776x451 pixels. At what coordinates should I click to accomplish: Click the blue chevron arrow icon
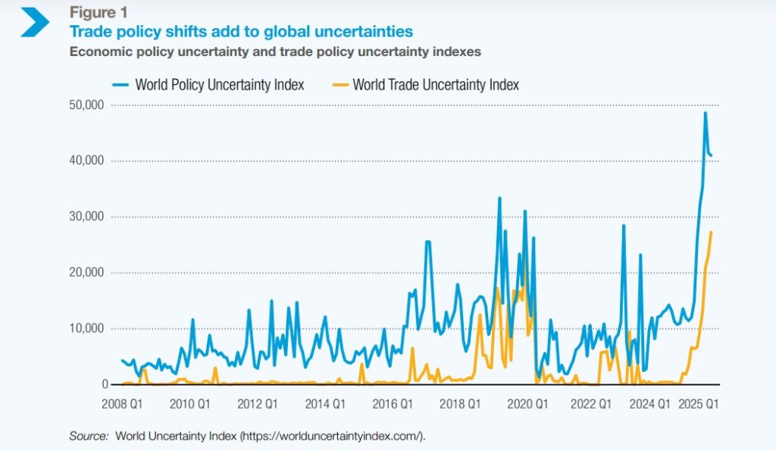click(x=34, y=23)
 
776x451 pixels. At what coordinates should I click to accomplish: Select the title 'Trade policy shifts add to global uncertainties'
click(x=241, y=32)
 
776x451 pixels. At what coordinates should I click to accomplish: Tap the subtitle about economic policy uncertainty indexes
click(x=275, y=52)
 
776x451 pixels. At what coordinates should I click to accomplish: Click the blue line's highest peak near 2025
click(x=706, y=113)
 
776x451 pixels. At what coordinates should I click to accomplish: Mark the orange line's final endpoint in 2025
click(x=711, y=232)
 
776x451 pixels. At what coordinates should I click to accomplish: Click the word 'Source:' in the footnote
click(x=89, y=436)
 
